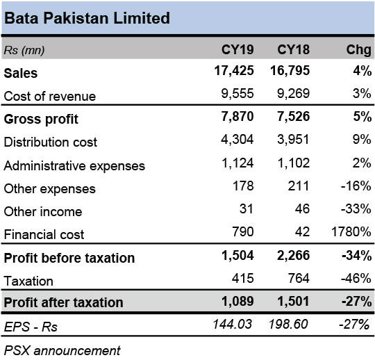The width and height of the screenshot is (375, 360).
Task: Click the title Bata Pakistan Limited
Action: tap(87, 18)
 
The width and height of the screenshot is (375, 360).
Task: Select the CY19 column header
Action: tap(237, 49)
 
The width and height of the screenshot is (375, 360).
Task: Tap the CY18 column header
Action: tap(294, 49)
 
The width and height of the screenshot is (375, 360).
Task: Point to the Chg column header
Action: tap(359, 50)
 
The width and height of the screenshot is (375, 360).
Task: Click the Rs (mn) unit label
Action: tap(24, 51)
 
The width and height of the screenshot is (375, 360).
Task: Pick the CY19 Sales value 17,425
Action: tap(234, 71)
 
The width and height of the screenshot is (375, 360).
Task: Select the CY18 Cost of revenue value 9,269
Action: tap(293, 94)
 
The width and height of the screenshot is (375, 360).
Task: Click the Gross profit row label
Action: tap(41, 120)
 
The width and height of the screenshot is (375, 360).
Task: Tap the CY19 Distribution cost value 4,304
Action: tap(237, 139)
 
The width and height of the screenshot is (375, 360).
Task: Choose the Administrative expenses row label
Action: tap(74, 165)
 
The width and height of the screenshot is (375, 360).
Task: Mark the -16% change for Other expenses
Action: tap(356, 186)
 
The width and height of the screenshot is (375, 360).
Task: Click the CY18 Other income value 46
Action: tap(302, 208)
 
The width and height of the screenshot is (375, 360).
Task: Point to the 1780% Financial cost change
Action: tap(351, 231)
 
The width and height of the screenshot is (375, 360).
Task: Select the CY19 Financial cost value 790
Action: tap(243, 231)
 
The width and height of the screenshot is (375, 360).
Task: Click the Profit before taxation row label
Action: tap(69, 258)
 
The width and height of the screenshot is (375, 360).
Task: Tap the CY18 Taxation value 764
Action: tap(299, 278)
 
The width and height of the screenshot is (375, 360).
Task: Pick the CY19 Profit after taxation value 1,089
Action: tap(237, 301)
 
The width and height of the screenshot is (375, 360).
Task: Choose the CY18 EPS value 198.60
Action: tap(288, 325)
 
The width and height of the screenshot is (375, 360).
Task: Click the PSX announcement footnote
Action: tap(62, 351)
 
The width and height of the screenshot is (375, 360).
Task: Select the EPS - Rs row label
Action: tap(31, 327)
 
